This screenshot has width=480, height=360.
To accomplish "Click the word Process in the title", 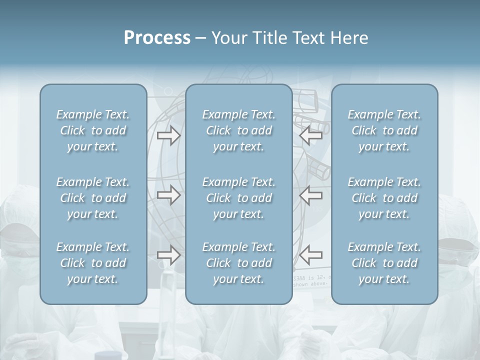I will tap(157, 38).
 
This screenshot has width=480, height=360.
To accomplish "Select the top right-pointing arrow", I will tap(168, 135).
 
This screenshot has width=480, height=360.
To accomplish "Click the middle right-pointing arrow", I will tap(168, 194).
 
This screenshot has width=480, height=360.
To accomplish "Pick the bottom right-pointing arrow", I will tap(168, 255).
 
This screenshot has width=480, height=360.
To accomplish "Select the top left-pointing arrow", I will tap(311, 135).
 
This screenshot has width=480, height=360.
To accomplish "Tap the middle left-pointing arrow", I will tap(311, 194).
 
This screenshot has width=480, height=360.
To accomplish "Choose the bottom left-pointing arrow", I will tap(311, 255).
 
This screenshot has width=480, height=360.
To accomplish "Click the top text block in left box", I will tap(93, 130).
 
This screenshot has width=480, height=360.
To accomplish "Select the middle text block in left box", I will tap(93, 198).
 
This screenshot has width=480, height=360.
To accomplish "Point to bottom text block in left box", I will tap(93, 263).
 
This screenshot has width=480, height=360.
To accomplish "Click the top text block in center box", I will tap(238, 130).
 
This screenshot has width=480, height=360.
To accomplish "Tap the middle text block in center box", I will tap(238, 198).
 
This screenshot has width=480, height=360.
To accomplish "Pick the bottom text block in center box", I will tap(238, 263).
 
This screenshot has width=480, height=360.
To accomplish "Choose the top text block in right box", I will tap(384, 130).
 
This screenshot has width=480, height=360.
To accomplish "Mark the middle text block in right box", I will tap(384, 198).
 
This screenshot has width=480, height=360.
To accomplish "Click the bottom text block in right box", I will tap(384, 263).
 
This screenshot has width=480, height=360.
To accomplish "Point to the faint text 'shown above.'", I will tap(310, 283).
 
